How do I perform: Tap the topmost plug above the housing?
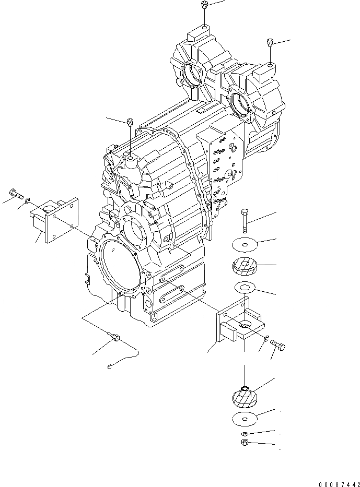coord(204,5)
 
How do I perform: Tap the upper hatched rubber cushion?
coord(243,267)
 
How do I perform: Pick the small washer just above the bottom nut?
coord(244,434)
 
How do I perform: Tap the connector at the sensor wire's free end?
coord(109,365)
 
